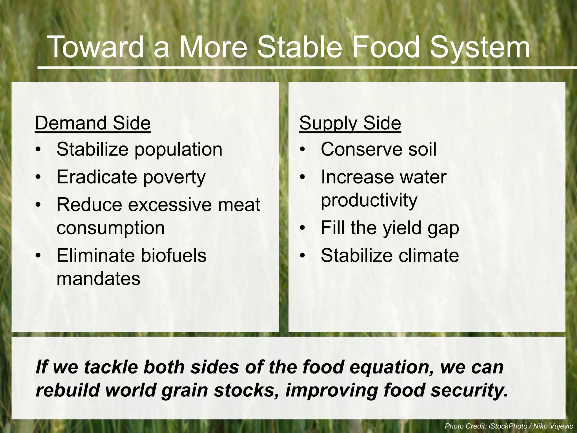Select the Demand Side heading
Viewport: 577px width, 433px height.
[x=93, y=123]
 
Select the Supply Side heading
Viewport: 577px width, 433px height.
[x=350, y=123]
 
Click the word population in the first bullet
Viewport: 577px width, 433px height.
[x=178, y=150]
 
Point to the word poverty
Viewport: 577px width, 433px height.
[x=174, y=177]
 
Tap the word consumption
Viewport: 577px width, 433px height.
[x=110, y=228]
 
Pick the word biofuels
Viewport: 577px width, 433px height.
[x=173, y=255]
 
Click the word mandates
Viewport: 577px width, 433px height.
[x=98, y=279]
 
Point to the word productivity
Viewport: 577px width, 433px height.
[x=369, y=200]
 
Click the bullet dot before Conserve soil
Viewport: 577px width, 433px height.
[x=303, y=149]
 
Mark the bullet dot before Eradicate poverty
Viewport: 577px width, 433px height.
[x=38, y=177]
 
